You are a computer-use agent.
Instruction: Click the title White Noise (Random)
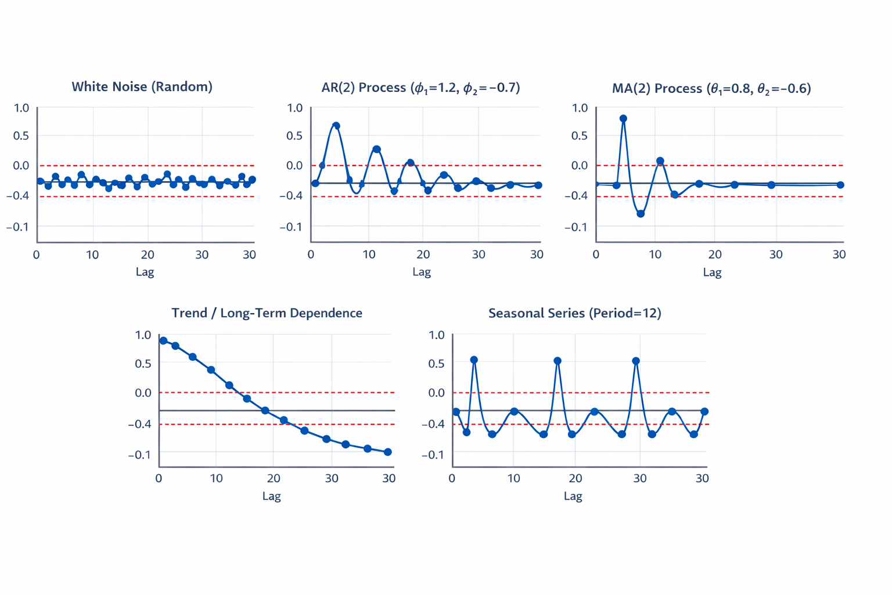pos(142,87)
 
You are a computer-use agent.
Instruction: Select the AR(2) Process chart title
pos(420,88)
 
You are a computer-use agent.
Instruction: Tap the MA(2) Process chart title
pos(711,88)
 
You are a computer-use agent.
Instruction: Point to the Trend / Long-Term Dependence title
pos(267,313)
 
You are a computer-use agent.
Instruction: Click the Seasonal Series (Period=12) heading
pos(574,313)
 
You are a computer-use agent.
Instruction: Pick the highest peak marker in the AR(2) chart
pos(336,126)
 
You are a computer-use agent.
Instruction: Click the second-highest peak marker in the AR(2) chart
pos(377,149)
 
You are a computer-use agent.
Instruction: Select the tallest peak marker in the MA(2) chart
pos(623,119)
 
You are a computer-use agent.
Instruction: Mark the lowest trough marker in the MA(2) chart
pos(641,214)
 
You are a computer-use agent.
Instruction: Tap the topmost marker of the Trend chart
pos(163,341)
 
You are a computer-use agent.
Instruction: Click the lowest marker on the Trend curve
pos(388,452)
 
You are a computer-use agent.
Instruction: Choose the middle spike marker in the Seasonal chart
pos(557,361)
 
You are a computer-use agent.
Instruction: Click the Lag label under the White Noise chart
pos(145,272)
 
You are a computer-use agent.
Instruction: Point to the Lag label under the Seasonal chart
pos(573,496)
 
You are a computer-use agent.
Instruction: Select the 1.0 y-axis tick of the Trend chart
pos(143,335)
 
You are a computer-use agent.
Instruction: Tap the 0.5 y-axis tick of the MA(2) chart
pos(580,136)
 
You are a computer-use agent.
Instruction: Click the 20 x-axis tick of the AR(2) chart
pos(423,255)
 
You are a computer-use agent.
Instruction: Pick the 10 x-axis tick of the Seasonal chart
pos(513,478)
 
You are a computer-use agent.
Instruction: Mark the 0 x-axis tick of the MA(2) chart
pos(596,255)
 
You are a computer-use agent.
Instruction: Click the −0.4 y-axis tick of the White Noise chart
pos(17,196)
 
